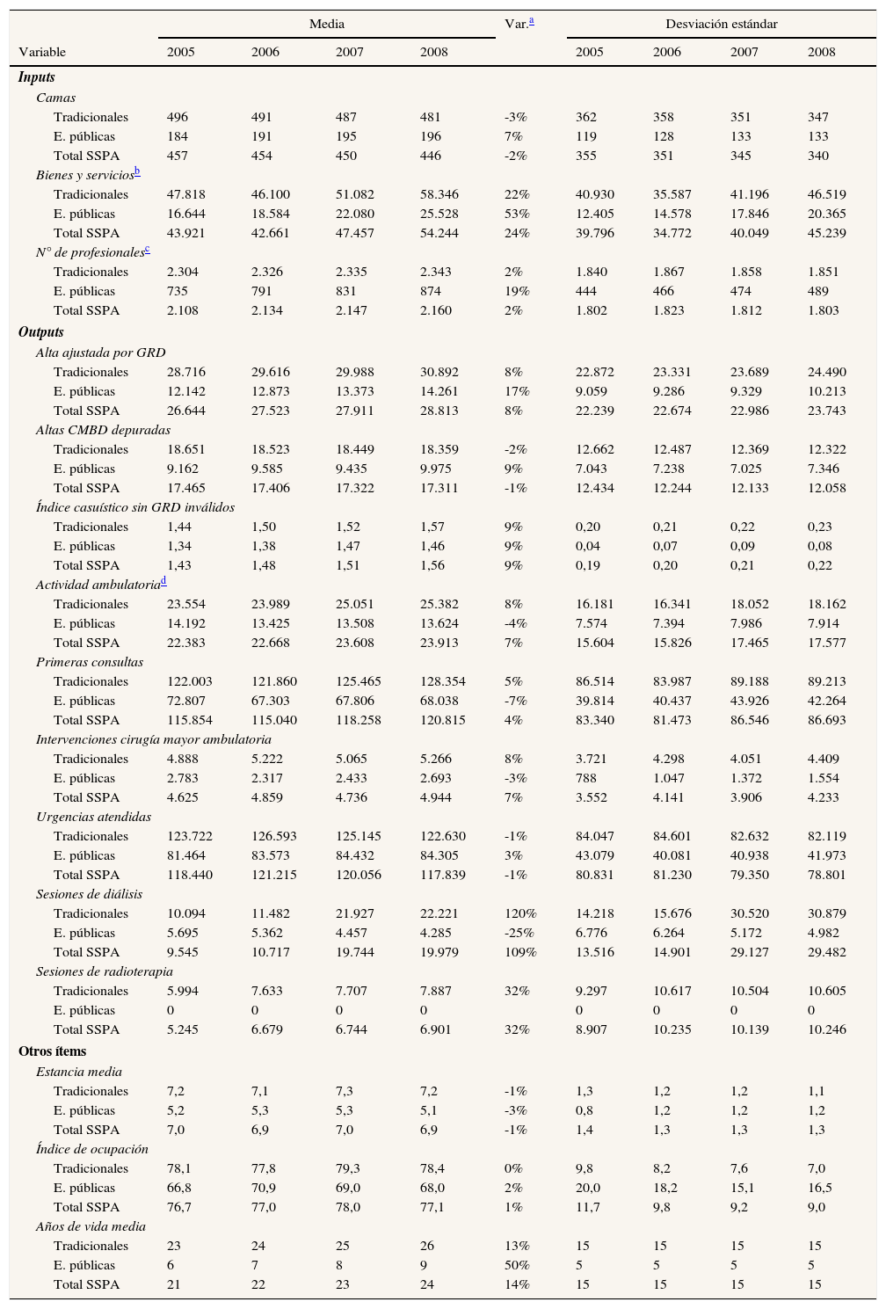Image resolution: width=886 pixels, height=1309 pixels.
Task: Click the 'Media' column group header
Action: [x=327, y=24]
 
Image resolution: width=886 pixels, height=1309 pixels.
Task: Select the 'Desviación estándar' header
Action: [x=721, y=24]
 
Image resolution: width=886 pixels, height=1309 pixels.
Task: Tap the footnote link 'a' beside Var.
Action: [x=531, y=22]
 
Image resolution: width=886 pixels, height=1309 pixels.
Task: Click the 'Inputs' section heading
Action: [x=37, y=78]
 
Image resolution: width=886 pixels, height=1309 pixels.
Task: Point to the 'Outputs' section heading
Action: [x=41, y=332]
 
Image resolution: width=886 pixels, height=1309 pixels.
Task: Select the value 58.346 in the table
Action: [x=439, y=194]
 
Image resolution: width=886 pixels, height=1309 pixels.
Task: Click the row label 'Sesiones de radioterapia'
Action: [x=105, y=971]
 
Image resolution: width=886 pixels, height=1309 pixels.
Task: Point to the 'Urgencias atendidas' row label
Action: [x=94, y=817]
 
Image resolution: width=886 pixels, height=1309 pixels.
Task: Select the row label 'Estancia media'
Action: [x=79, y=1072]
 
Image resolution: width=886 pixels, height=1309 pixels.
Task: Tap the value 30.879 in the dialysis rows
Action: [x=827, y=913]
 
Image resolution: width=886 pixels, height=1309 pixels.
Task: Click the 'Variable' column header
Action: [x=42, y=52]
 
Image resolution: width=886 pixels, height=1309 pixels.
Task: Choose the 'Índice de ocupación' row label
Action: [x=92, y=1149]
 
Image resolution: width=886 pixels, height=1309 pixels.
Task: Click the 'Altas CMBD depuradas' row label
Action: [x=104, y=430]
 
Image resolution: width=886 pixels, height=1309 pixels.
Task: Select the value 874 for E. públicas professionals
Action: [x=431, y=291]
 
